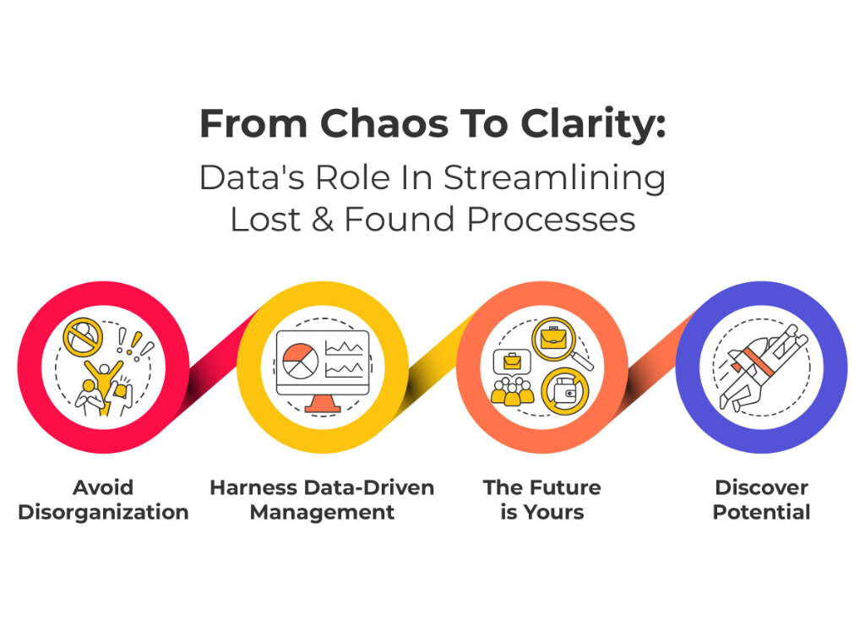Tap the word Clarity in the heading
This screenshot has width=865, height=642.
[x=581, y=124]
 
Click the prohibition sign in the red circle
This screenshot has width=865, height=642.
[x=83, y=336]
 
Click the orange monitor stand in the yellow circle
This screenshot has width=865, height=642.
[x=322, y=404]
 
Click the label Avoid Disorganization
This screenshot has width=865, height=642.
[x=103, y=499]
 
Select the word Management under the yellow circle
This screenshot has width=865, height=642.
[x=322, y=512]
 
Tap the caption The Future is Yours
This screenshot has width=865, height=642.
[x=541, y=499]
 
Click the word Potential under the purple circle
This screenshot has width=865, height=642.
[x=761, y=512]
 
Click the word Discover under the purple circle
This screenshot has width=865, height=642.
[x=761, y=487]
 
